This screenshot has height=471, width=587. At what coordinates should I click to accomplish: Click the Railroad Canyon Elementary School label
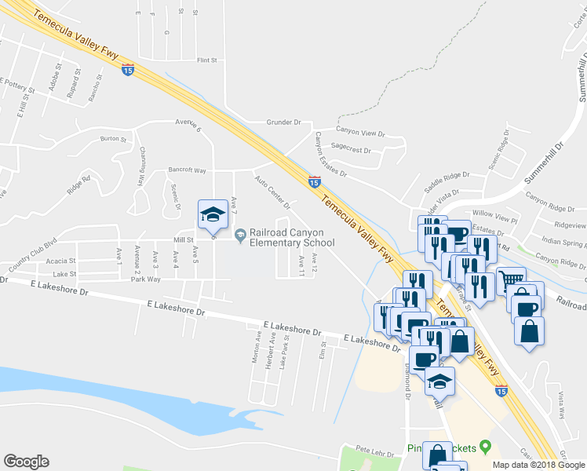(292, 237)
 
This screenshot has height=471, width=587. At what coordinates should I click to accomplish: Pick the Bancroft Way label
(187, 170)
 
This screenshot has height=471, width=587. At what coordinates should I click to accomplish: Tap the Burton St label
(113, 139)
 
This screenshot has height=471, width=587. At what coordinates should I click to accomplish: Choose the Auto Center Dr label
(272, 192)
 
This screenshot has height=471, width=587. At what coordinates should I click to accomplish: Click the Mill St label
(184, 241)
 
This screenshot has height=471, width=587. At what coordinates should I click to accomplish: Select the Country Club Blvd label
(32, 254)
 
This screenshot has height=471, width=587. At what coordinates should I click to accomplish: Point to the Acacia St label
(60, 261)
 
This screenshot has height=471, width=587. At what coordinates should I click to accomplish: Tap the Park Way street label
(145, 279)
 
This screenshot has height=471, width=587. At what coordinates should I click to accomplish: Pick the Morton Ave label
(257, 342)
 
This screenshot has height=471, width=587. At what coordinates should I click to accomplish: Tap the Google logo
(26, 462)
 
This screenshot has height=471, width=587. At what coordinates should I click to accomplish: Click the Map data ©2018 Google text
(539, 465)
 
